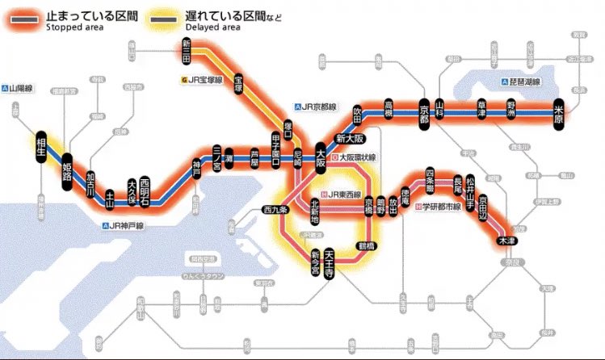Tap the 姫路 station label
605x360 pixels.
[67, 172]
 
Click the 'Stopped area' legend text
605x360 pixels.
[74, 26]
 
